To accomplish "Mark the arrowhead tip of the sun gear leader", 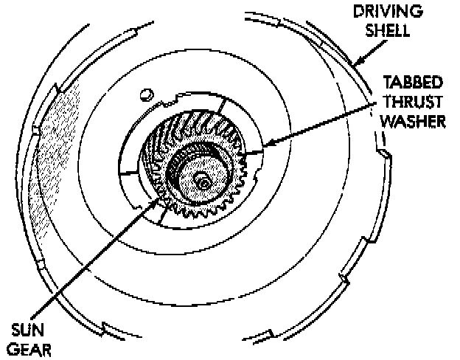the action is click(156, 198).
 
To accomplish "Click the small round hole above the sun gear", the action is click(146, 93).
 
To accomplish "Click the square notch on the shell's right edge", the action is click(384, 153).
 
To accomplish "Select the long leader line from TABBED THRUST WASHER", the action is click(317, 125).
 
